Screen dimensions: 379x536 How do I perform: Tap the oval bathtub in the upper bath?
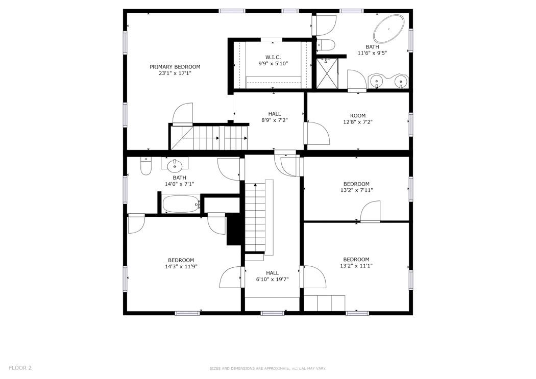(389, 29)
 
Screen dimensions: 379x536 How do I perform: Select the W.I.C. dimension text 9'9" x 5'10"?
(273, 64)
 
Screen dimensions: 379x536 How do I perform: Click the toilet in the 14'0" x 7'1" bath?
(146, 166)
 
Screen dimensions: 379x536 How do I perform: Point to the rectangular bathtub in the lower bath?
(181, 205)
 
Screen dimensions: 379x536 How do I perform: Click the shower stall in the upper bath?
(327, 73)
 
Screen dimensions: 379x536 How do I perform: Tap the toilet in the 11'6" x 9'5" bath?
(325, 45)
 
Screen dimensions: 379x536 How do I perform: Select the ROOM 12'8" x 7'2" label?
(358, 119)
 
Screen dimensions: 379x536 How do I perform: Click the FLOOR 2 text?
(20, 368)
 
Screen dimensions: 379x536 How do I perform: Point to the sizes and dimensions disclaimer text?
(267, 368)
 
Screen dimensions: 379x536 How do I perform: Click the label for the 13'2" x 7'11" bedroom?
(356, 187)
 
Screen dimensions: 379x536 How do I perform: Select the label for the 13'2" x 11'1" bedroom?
(356, 262)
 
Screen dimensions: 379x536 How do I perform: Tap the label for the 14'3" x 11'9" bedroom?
(181, 263)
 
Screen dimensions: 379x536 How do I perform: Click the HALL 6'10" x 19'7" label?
(272, 276)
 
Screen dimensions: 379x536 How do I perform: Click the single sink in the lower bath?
(175, 164)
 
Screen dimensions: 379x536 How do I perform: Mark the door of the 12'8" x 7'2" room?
(316, 134)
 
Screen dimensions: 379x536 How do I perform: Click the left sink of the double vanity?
(377, 81)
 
